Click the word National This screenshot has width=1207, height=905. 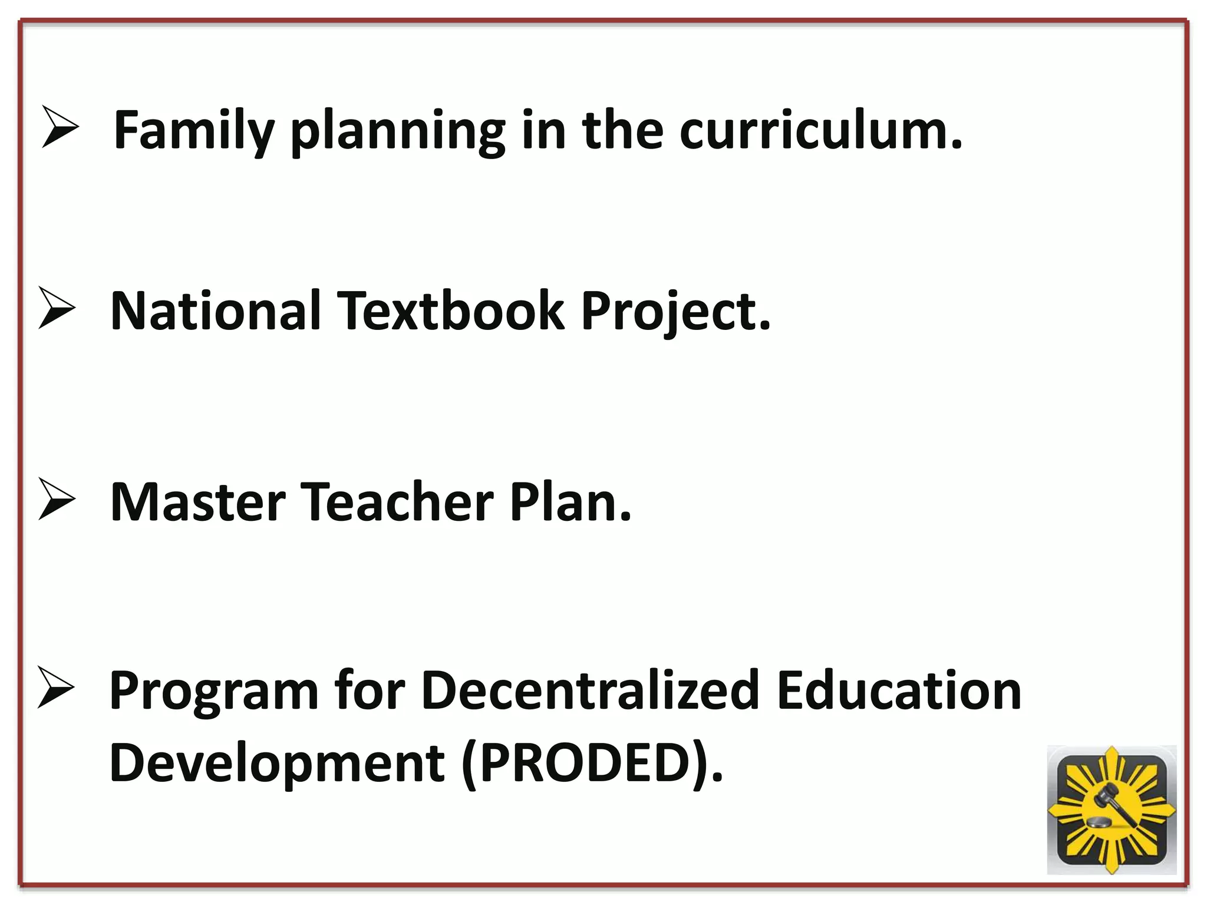pos(216,311)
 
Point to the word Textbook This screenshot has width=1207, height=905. pos(450,311)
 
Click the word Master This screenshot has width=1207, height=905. pos(198,503)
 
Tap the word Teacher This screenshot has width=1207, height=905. pos(397,503)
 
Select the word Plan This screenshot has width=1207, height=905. pos(570,503)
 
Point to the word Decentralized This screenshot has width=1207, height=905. pos(590,691)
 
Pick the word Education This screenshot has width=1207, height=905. pos(899,691)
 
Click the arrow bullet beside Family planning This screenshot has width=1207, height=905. pos(60,126)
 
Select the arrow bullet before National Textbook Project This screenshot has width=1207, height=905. pos(57,307)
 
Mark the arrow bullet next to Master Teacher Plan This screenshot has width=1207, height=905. pos(57,498)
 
